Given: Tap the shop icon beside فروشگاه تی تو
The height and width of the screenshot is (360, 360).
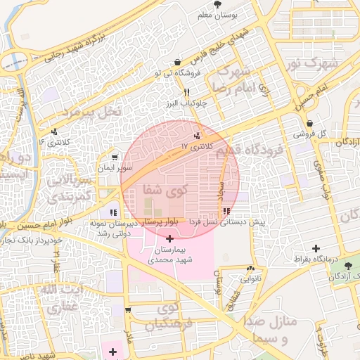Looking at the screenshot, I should tap(176, 62).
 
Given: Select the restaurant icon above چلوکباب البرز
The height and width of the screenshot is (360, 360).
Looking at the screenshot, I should tap(186, 92).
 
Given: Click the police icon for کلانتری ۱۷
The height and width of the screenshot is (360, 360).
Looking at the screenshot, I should tap(197, 136).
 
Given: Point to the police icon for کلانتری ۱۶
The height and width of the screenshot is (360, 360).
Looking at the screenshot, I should tap(55, 131).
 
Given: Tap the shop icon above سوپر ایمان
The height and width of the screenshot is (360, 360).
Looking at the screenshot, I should tap(115, 157).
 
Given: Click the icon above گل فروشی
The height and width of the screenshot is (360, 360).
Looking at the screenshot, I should tap(309, 124).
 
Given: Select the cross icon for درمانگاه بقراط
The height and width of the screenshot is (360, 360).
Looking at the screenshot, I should tap(316, 248).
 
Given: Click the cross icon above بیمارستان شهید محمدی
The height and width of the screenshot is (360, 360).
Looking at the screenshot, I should tap(169, 239).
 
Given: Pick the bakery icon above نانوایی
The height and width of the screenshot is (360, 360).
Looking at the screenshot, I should tap(250, 268).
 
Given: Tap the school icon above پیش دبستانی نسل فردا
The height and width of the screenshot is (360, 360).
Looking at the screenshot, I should tap(226, 211).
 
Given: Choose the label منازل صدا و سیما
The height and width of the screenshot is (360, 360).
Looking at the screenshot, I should tap(275, 330).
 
